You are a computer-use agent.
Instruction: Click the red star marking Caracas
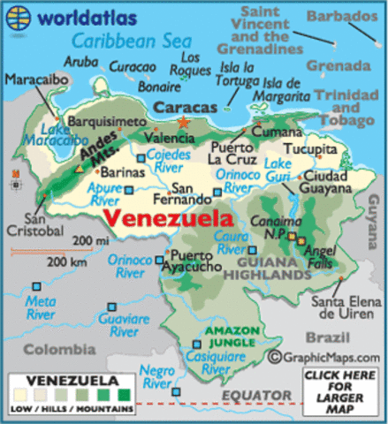tap(183, 123)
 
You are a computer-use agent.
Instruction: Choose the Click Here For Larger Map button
tap(340, 392)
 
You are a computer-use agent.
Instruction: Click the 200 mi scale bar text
tap(88, 241)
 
